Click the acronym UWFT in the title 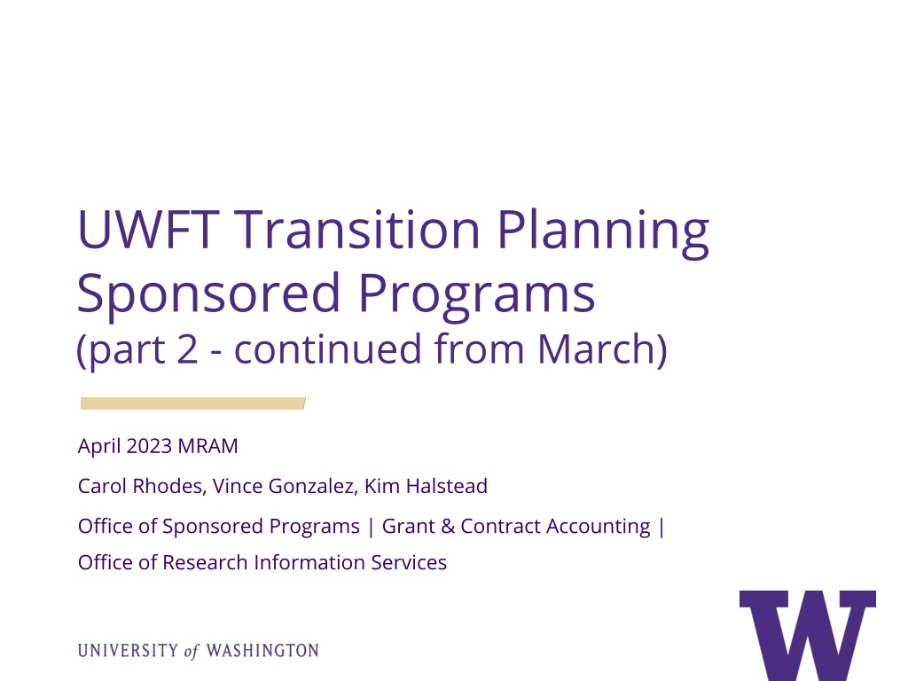click(148, 230)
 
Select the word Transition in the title click(357, 230)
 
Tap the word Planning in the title click(603, 233)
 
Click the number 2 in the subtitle click(187, 349)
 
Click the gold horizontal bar click(192, 403)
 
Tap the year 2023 click(149, 447)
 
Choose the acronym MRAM click(207, 447)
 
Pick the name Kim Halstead click(426, 487)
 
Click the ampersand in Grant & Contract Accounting click(448, 527)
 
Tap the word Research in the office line click(205, 563)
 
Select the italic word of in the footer click(192, 652)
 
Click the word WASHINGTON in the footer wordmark click(262, 651)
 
